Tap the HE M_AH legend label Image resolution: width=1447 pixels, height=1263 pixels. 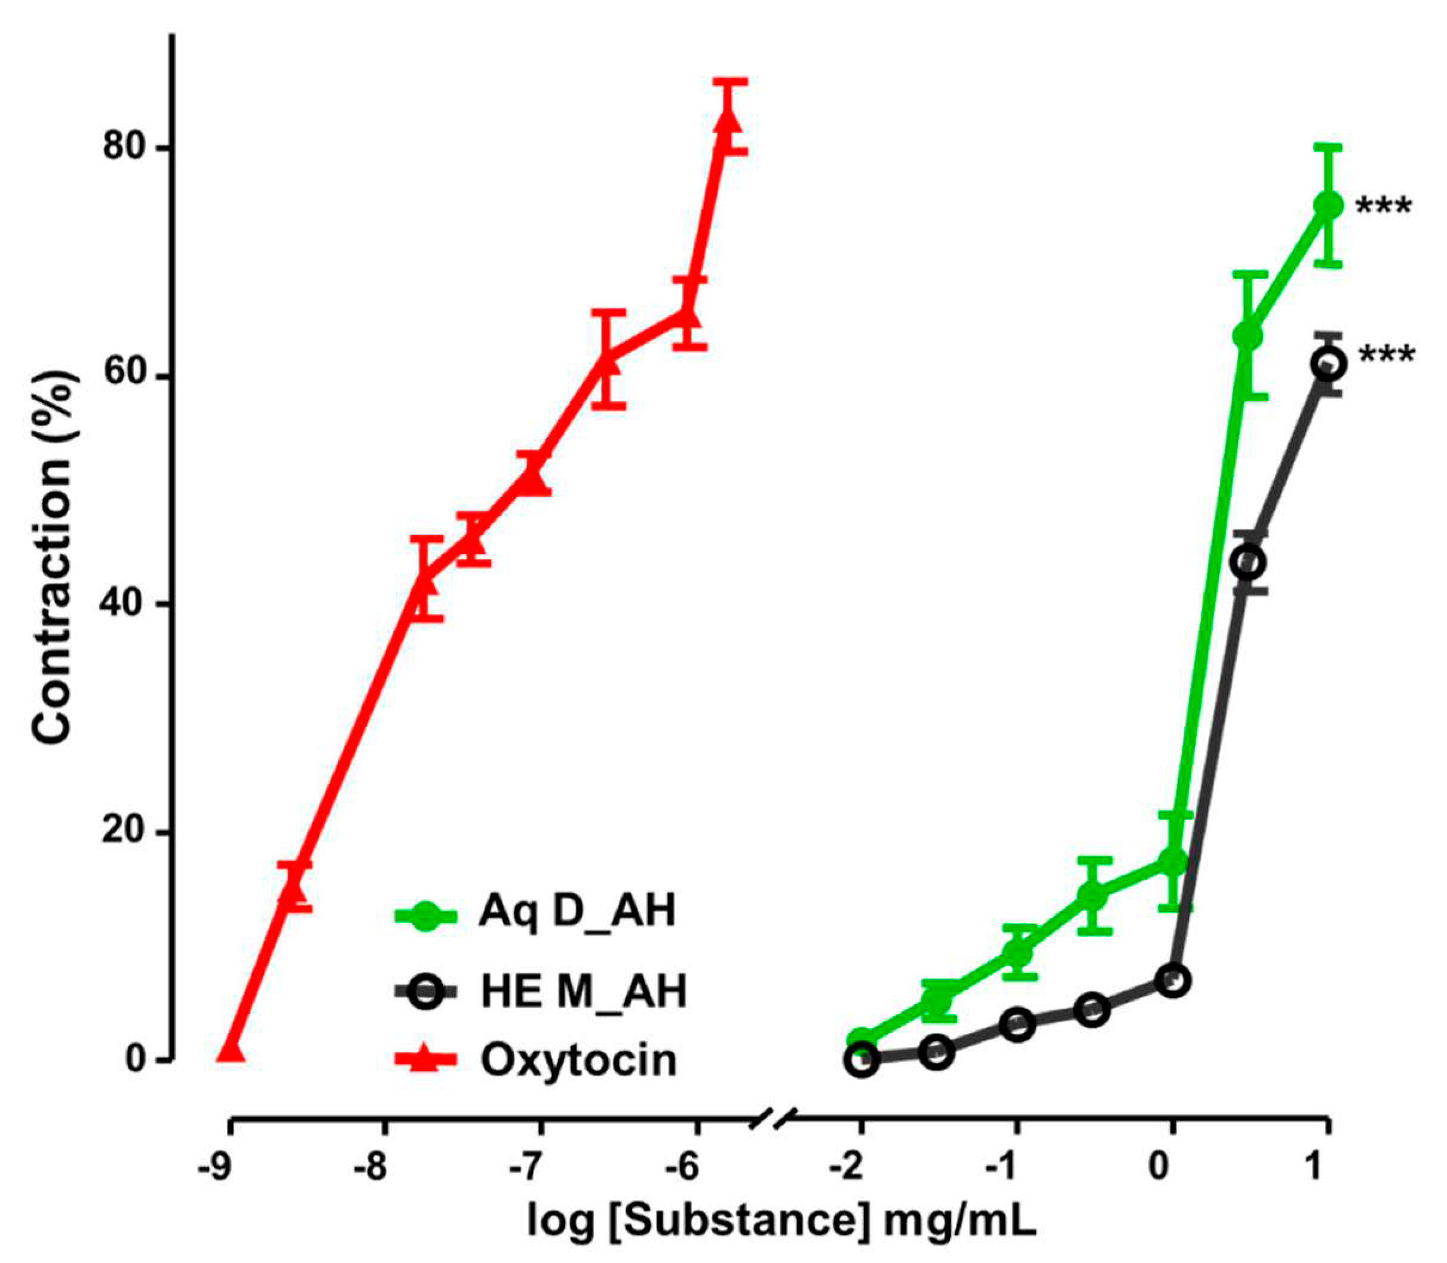tap(583, 991)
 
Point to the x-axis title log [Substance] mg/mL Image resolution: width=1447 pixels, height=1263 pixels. tap(782, 1220)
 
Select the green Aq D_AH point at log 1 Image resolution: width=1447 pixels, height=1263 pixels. tap(1328, 205)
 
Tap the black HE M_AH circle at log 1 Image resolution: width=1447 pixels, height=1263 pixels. tap(1328, 365)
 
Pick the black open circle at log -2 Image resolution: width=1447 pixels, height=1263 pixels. tap(862, 1059)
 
